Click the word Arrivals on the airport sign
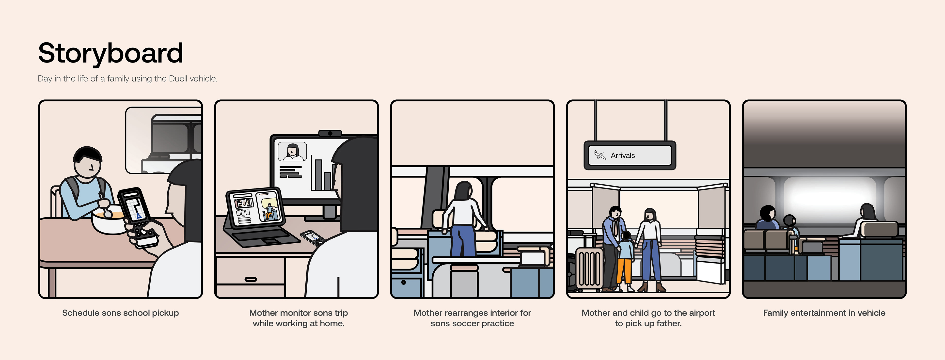tap(623, 156)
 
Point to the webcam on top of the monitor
tap(330, 133)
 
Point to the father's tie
tap(615, 228)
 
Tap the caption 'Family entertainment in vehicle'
tap(824, 313)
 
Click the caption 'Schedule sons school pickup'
tap(120, 313)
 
